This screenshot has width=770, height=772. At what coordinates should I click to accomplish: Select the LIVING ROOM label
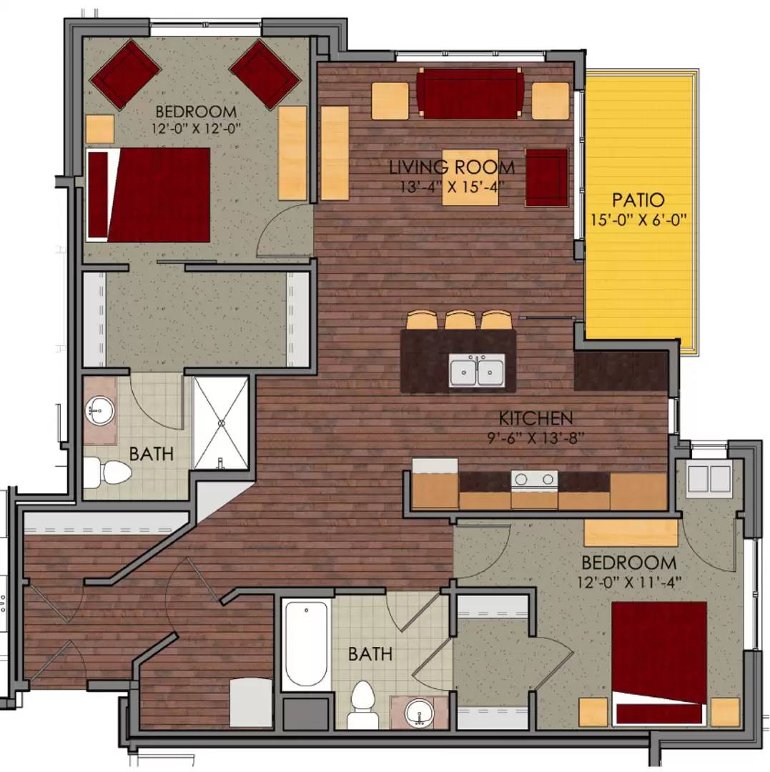tap(452, 168)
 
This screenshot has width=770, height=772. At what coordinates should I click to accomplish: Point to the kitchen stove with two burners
tap(534, 480)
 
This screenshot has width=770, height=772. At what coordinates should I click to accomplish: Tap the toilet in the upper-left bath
tap(107, 472)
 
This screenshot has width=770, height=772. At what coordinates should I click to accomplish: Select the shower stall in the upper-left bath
tap(221, 423)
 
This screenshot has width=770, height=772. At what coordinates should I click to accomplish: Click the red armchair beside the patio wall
tap(547, 177)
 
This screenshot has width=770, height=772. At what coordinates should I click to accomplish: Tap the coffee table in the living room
tap(470, 177)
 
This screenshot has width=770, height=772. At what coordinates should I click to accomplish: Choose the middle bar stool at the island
tap(460, 320)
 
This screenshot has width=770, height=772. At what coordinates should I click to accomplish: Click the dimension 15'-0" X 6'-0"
tap(638, 219)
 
